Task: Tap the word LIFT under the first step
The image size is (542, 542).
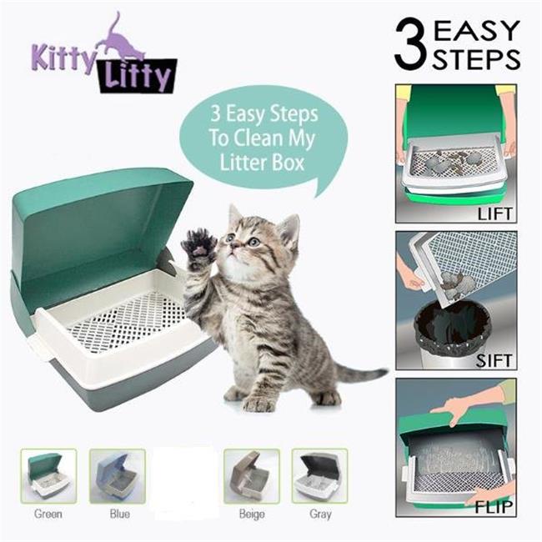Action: pyautogui.click(x=495, y=213)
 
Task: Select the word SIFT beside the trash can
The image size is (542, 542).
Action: pyautogui.click(x=497, y=362)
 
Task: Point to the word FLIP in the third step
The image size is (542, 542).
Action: pyautogui.click(x=496, y=507)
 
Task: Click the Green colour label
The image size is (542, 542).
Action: pyautogui.click(x=48, y=514)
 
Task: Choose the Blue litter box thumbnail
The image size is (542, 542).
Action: pyautogui.click(x=118, y=475)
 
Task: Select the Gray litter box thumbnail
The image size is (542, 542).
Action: pyautogui.click(x=319, y=475)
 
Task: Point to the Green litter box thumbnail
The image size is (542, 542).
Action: pyautogui.click(x=48, y=475)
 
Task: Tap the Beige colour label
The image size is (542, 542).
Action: pyautogui.click(x=251, y=514)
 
